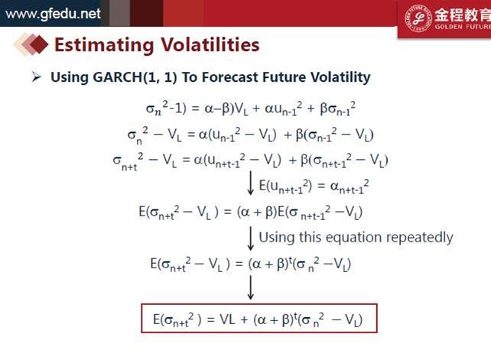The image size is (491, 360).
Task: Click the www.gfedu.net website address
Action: pyautogui.click(x=54, y=14)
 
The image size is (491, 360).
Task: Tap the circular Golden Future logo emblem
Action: pyautogui.click(x=418, y=18)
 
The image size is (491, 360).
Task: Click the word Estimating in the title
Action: pyautogui.click(x=104, y=45)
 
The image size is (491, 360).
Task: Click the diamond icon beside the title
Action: pyautogui.click(x=31, y=44)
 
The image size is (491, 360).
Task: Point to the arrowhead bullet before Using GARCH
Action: pyautogui.click(x=36, y=76)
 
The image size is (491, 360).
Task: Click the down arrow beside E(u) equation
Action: pyautogui.click(x=250, y=183)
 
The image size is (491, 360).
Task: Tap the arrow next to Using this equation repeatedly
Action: pyautogui.click(x=251, y=238)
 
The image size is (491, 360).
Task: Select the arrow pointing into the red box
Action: pyautogui.click(x=251, y=287)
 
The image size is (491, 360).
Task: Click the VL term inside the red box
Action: pyautogui.click(x=227, y=319)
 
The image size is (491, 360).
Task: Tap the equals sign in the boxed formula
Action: pyautogui.click(x=210, y=320)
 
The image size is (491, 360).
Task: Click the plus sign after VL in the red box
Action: pyautogui.click(x=244, y=320)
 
